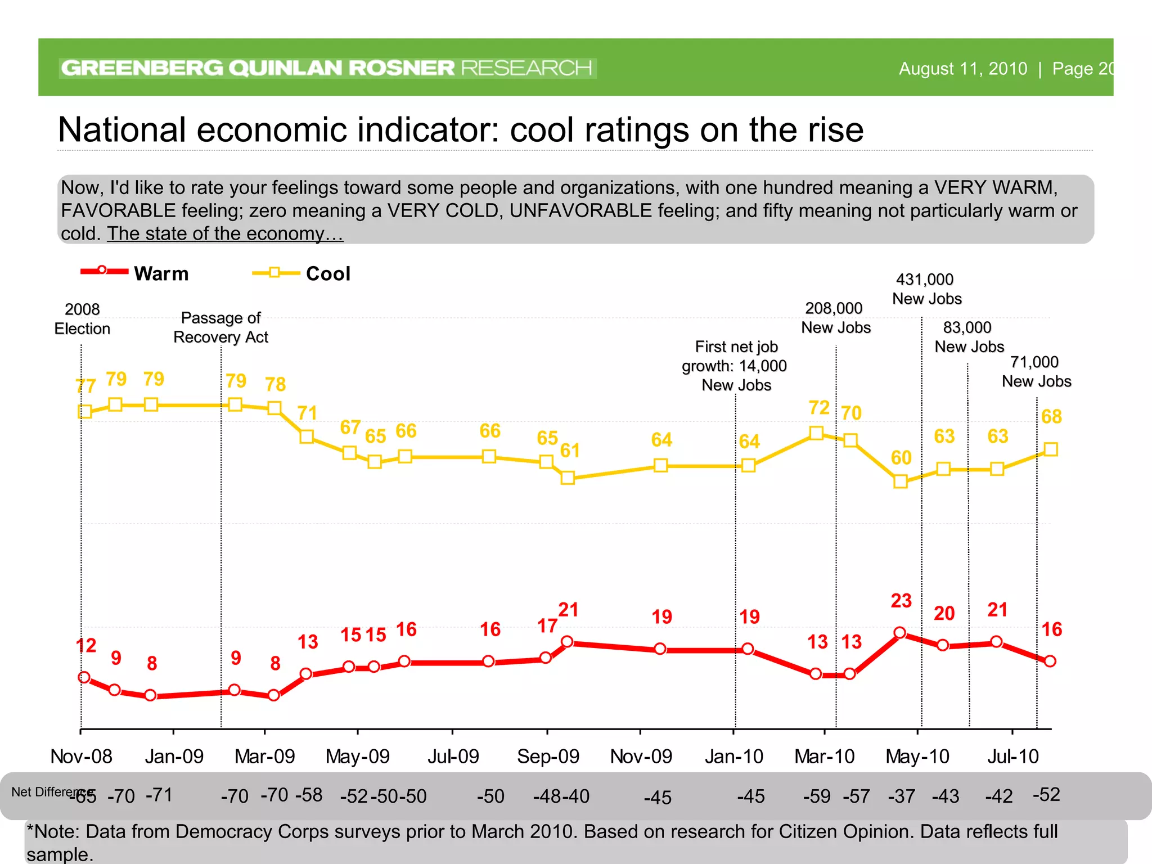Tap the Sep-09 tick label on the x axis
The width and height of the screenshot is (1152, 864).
(548, 757)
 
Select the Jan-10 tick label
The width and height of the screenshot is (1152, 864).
(734, 757)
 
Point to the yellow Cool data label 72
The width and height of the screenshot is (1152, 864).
(819, 407)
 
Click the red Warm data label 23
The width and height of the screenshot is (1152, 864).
(901, 601)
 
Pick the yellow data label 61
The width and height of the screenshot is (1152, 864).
(570, 450)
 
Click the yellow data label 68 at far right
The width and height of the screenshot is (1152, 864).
(1051, 417)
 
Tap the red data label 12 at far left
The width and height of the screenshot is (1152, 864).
(86, 645)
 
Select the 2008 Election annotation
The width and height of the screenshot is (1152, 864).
(82, 319)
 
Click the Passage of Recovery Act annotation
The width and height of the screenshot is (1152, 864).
(220, 327)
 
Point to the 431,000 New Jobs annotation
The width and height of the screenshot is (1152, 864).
(926, 289)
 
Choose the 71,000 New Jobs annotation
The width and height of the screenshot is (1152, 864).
(1036, 371)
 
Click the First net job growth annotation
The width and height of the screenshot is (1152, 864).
(735, 366)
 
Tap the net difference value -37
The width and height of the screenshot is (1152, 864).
(902, 796)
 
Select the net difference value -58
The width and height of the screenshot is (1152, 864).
(309, 795)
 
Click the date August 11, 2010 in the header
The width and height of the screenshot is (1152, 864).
(963, 69)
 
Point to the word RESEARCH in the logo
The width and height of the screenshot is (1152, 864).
(526, 68)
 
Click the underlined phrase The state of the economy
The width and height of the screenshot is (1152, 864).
(224, 233)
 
